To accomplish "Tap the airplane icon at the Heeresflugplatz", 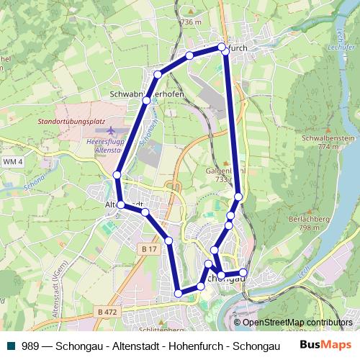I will tap(109, 132).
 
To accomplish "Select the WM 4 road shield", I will tap(12, 162).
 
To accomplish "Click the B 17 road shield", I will tap(148, 248).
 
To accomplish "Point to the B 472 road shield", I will tap(106, 312).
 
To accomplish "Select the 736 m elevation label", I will tap(190, 22).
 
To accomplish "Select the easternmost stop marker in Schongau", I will tap(243, 272).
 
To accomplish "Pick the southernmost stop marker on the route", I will tap(179, 293).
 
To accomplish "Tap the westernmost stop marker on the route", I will tap(117, 175).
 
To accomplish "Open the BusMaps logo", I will tap(325, 346).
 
